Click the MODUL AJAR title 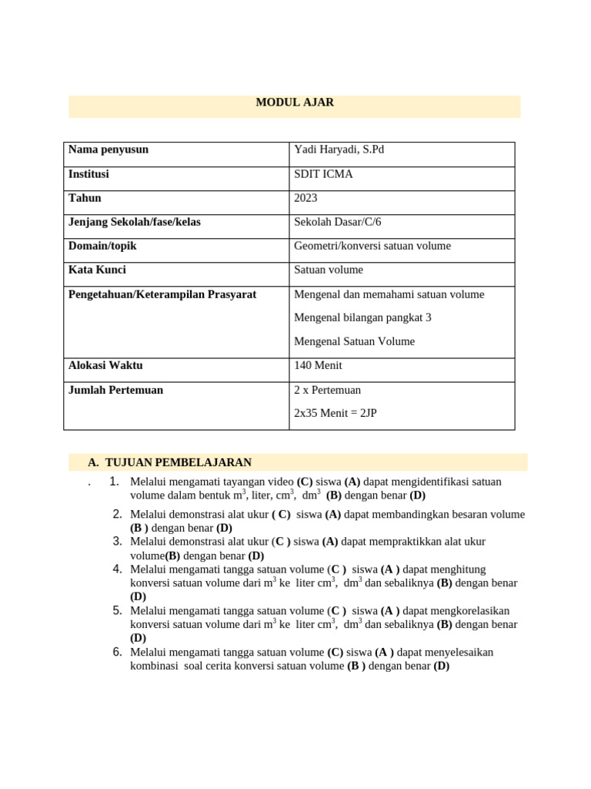(x=295, y=102)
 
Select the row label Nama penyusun (x=109, y=149)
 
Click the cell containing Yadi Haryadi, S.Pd (x=339, y=149)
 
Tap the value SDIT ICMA (x=323, y=174)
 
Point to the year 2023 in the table (x=306, y=198)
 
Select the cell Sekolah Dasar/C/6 (x=337, y=222)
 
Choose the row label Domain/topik (x=102, y=246)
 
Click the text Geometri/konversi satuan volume (x=372, y=246)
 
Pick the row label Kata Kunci (x=97, y=270)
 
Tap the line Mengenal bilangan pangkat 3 (x=364, y=317)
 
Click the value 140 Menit (x=318, y=365)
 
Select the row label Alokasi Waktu (x=105, y=365)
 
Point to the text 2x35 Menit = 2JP (x=336, y=413)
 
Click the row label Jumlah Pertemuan (x=115, y=390)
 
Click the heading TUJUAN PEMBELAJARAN (x=178, y=462)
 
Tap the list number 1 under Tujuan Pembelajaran (x=113, y=482)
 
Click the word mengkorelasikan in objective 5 (x=469, y=611)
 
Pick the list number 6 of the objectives (x=117, y=652)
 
